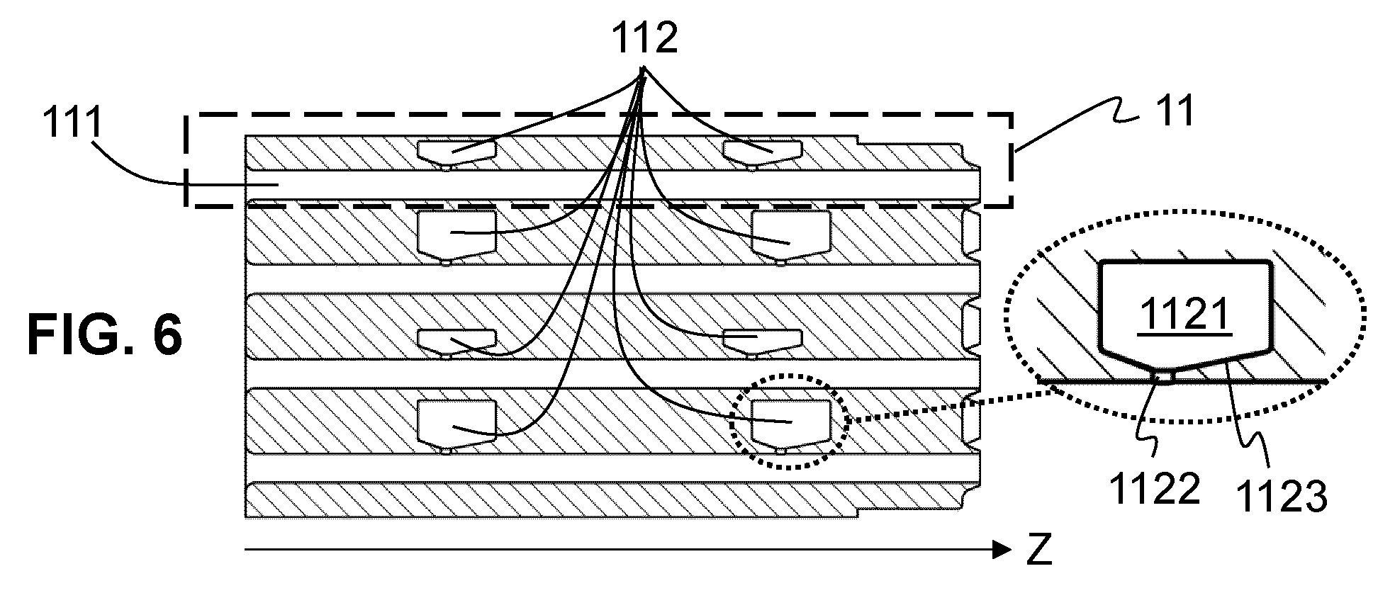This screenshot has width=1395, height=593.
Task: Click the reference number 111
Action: coord(72,125)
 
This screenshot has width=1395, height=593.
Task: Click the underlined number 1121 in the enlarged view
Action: coord(1186,314)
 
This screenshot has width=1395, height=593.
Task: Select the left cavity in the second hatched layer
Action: coord(456,235)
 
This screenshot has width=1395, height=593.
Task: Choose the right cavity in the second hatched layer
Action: coord(790,235)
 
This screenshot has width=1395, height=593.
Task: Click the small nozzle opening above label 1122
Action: coord(1164,375)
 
